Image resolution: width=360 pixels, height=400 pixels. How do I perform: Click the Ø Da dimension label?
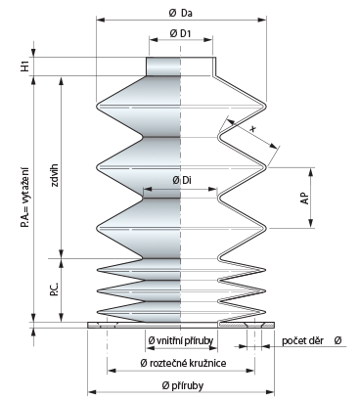point(180,13)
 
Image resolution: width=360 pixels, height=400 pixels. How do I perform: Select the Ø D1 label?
point(180,33)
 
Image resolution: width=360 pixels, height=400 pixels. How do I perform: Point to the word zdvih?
point(54,175)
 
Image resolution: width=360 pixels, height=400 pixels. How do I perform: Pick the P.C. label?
point(54,289)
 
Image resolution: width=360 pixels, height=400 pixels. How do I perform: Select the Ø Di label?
point(182,180)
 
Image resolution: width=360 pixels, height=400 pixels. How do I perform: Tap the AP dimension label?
point(305,198)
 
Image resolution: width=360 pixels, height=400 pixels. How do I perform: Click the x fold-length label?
point(252,129)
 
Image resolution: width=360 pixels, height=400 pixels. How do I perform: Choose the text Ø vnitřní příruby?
point(181,340)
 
